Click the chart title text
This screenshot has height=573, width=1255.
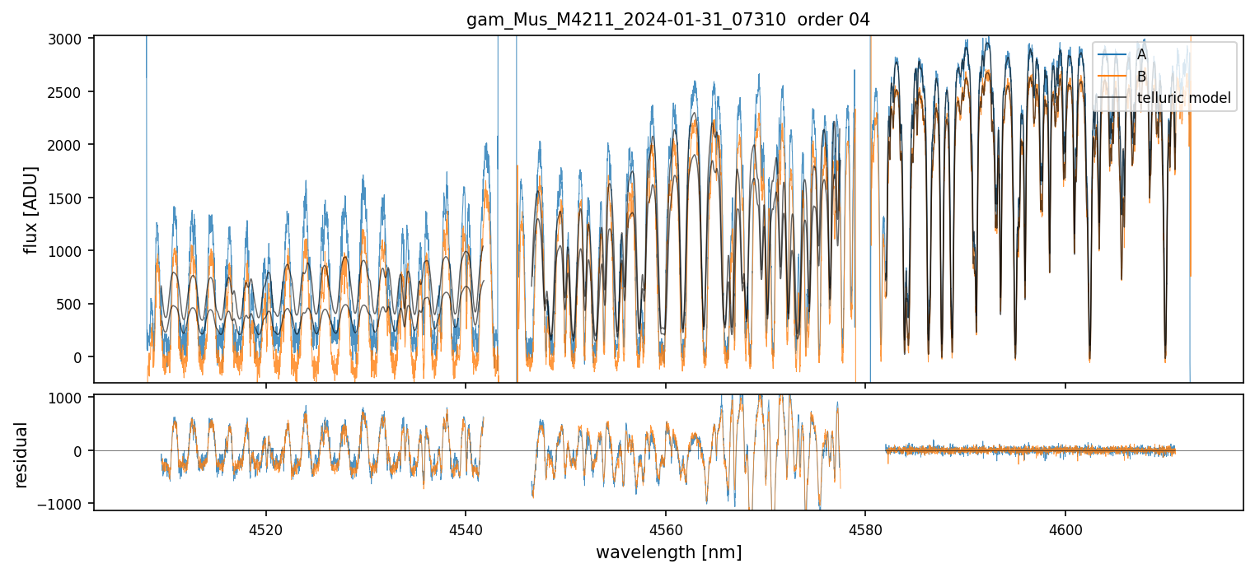click(x=667, y=20)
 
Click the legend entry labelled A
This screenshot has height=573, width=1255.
click(x=1141, y=54)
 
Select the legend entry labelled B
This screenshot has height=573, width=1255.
click(x=1141, y=77)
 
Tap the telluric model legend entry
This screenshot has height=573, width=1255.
click(x=1183, y=99)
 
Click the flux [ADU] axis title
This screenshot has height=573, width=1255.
click(x=31, y=209)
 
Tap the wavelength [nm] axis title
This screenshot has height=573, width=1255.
click(x=668, y=552)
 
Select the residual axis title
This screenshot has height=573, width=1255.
click(x=21, y=454)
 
